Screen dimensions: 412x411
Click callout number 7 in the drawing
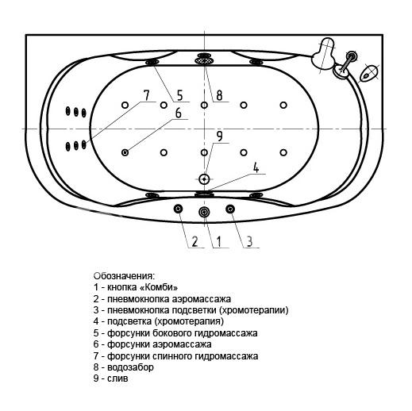[146, 95]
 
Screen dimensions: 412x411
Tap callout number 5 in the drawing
[180, 95]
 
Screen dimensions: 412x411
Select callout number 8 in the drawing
[219, 95]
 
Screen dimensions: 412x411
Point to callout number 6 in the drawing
[179, 113]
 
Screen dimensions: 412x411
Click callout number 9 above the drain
[219, 136]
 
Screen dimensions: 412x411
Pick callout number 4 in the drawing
[256, 167]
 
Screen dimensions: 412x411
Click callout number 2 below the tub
[194, 241]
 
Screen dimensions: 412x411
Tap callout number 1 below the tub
[219, 241]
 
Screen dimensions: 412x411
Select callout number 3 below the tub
[249, 241]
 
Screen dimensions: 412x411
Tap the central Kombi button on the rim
[204, 212]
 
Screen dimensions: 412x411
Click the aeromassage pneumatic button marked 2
[178, 209]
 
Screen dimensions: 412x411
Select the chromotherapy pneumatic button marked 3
[230, 209]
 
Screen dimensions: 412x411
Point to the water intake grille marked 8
[204, 60]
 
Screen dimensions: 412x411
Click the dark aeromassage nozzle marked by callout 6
[125, 152]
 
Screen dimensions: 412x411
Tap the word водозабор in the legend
[130, 367]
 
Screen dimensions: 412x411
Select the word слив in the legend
[117, 378]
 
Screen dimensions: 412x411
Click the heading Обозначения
[124, 276]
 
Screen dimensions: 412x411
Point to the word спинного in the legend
[173, 356]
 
